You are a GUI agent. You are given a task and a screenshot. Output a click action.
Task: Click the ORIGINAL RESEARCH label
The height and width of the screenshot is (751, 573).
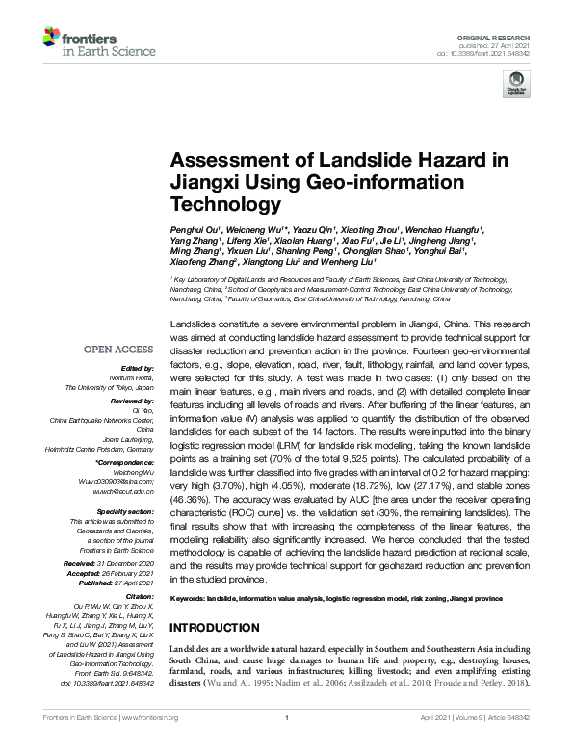499,34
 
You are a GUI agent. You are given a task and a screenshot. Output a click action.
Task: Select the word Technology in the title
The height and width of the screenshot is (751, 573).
220,204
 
